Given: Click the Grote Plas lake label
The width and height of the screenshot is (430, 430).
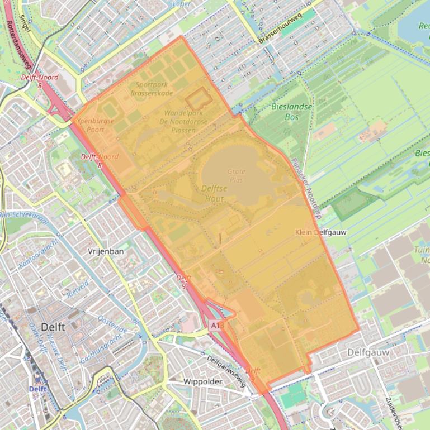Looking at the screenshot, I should click(236, 176).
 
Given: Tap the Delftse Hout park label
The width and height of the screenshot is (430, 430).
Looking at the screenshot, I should click(215, 193).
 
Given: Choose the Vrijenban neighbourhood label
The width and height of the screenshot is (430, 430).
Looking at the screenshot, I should click(105, 252).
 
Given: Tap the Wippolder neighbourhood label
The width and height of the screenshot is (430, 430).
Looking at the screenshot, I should click(203, 382).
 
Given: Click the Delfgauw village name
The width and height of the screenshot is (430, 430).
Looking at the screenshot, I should click(367, 353).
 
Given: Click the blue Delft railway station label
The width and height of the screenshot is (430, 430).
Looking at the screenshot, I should click(38, 389).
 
